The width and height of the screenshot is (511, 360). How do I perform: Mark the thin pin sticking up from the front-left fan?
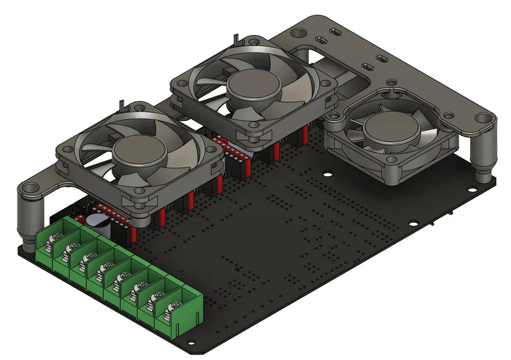[123, 105]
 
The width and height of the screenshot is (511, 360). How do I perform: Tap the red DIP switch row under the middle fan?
[228, 147]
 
